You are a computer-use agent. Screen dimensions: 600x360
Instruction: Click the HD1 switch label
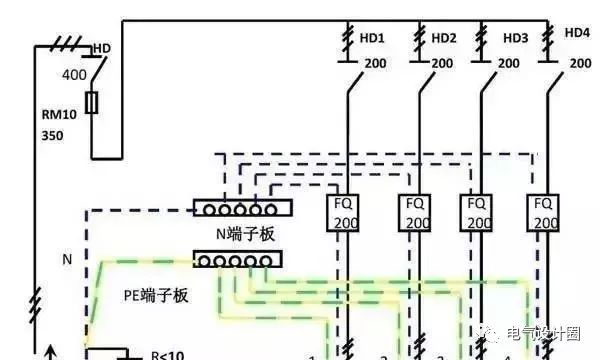point(372,39)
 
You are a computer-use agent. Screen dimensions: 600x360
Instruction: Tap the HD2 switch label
point(444,39)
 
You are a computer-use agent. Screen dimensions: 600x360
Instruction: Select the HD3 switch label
point(515,39)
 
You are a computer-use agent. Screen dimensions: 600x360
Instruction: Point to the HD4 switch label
point(576,33)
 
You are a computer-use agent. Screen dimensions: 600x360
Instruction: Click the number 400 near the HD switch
point(74,75)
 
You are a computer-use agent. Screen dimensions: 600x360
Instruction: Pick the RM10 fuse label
point(56,113)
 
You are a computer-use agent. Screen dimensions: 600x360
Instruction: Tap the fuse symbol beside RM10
point(92,103)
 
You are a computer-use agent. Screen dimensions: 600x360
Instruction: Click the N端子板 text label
point(245,234)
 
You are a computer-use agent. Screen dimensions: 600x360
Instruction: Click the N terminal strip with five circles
point(241,209)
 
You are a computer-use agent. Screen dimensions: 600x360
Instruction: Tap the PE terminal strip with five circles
point(237,260)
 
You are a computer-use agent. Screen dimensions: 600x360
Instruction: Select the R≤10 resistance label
point(167,353)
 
